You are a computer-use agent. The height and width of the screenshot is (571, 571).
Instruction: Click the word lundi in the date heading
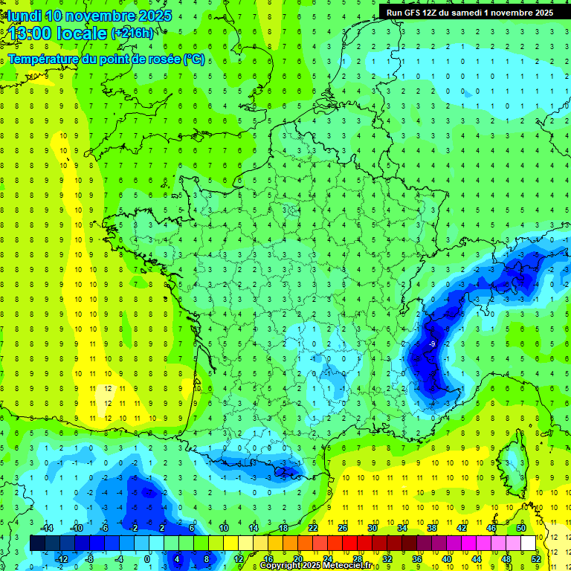click(24, 16)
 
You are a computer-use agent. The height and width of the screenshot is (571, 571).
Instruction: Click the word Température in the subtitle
click(44, 59)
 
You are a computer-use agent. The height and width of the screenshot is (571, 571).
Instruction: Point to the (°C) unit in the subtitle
click(194, 59)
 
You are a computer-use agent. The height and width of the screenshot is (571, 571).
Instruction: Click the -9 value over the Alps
click(432, 344)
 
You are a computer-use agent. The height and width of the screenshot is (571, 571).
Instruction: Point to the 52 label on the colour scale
click(535, 558)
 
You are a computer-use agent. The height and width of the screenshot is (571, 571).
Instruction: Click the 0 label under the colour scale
click(146, 558)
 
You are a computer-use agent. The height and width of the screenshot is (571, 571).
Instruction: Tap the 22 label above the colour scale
click(313, 527)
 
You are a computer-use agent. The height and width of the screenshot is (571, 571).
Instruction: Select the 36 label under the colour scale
click(416, 558)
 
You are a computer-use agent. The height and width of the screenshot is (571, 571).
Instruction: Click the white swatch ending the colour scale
click(528, 543)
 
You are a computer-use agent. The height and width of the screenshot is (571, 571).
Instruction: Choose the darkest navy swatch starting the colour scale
click(37, 543)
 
